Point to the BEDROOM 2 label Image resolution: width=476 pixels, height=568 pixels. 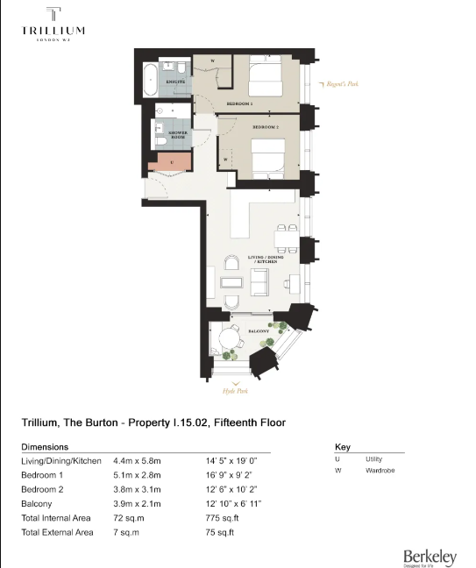click(x=266, y=127)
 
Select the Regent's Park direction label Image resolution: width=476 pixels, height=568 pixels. click(x=342, y=84)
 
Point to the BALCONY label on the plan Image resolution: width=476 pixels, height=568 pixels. click(x=257, y=332)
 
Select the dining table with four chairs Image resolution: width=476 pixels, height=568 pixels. click(x=285, y=238)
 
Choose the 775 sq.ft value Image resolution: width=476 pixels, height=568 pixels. click(x=217, y=518)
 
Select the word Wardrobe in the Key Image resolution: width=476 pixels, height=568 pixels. click(x=380, y=471)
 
